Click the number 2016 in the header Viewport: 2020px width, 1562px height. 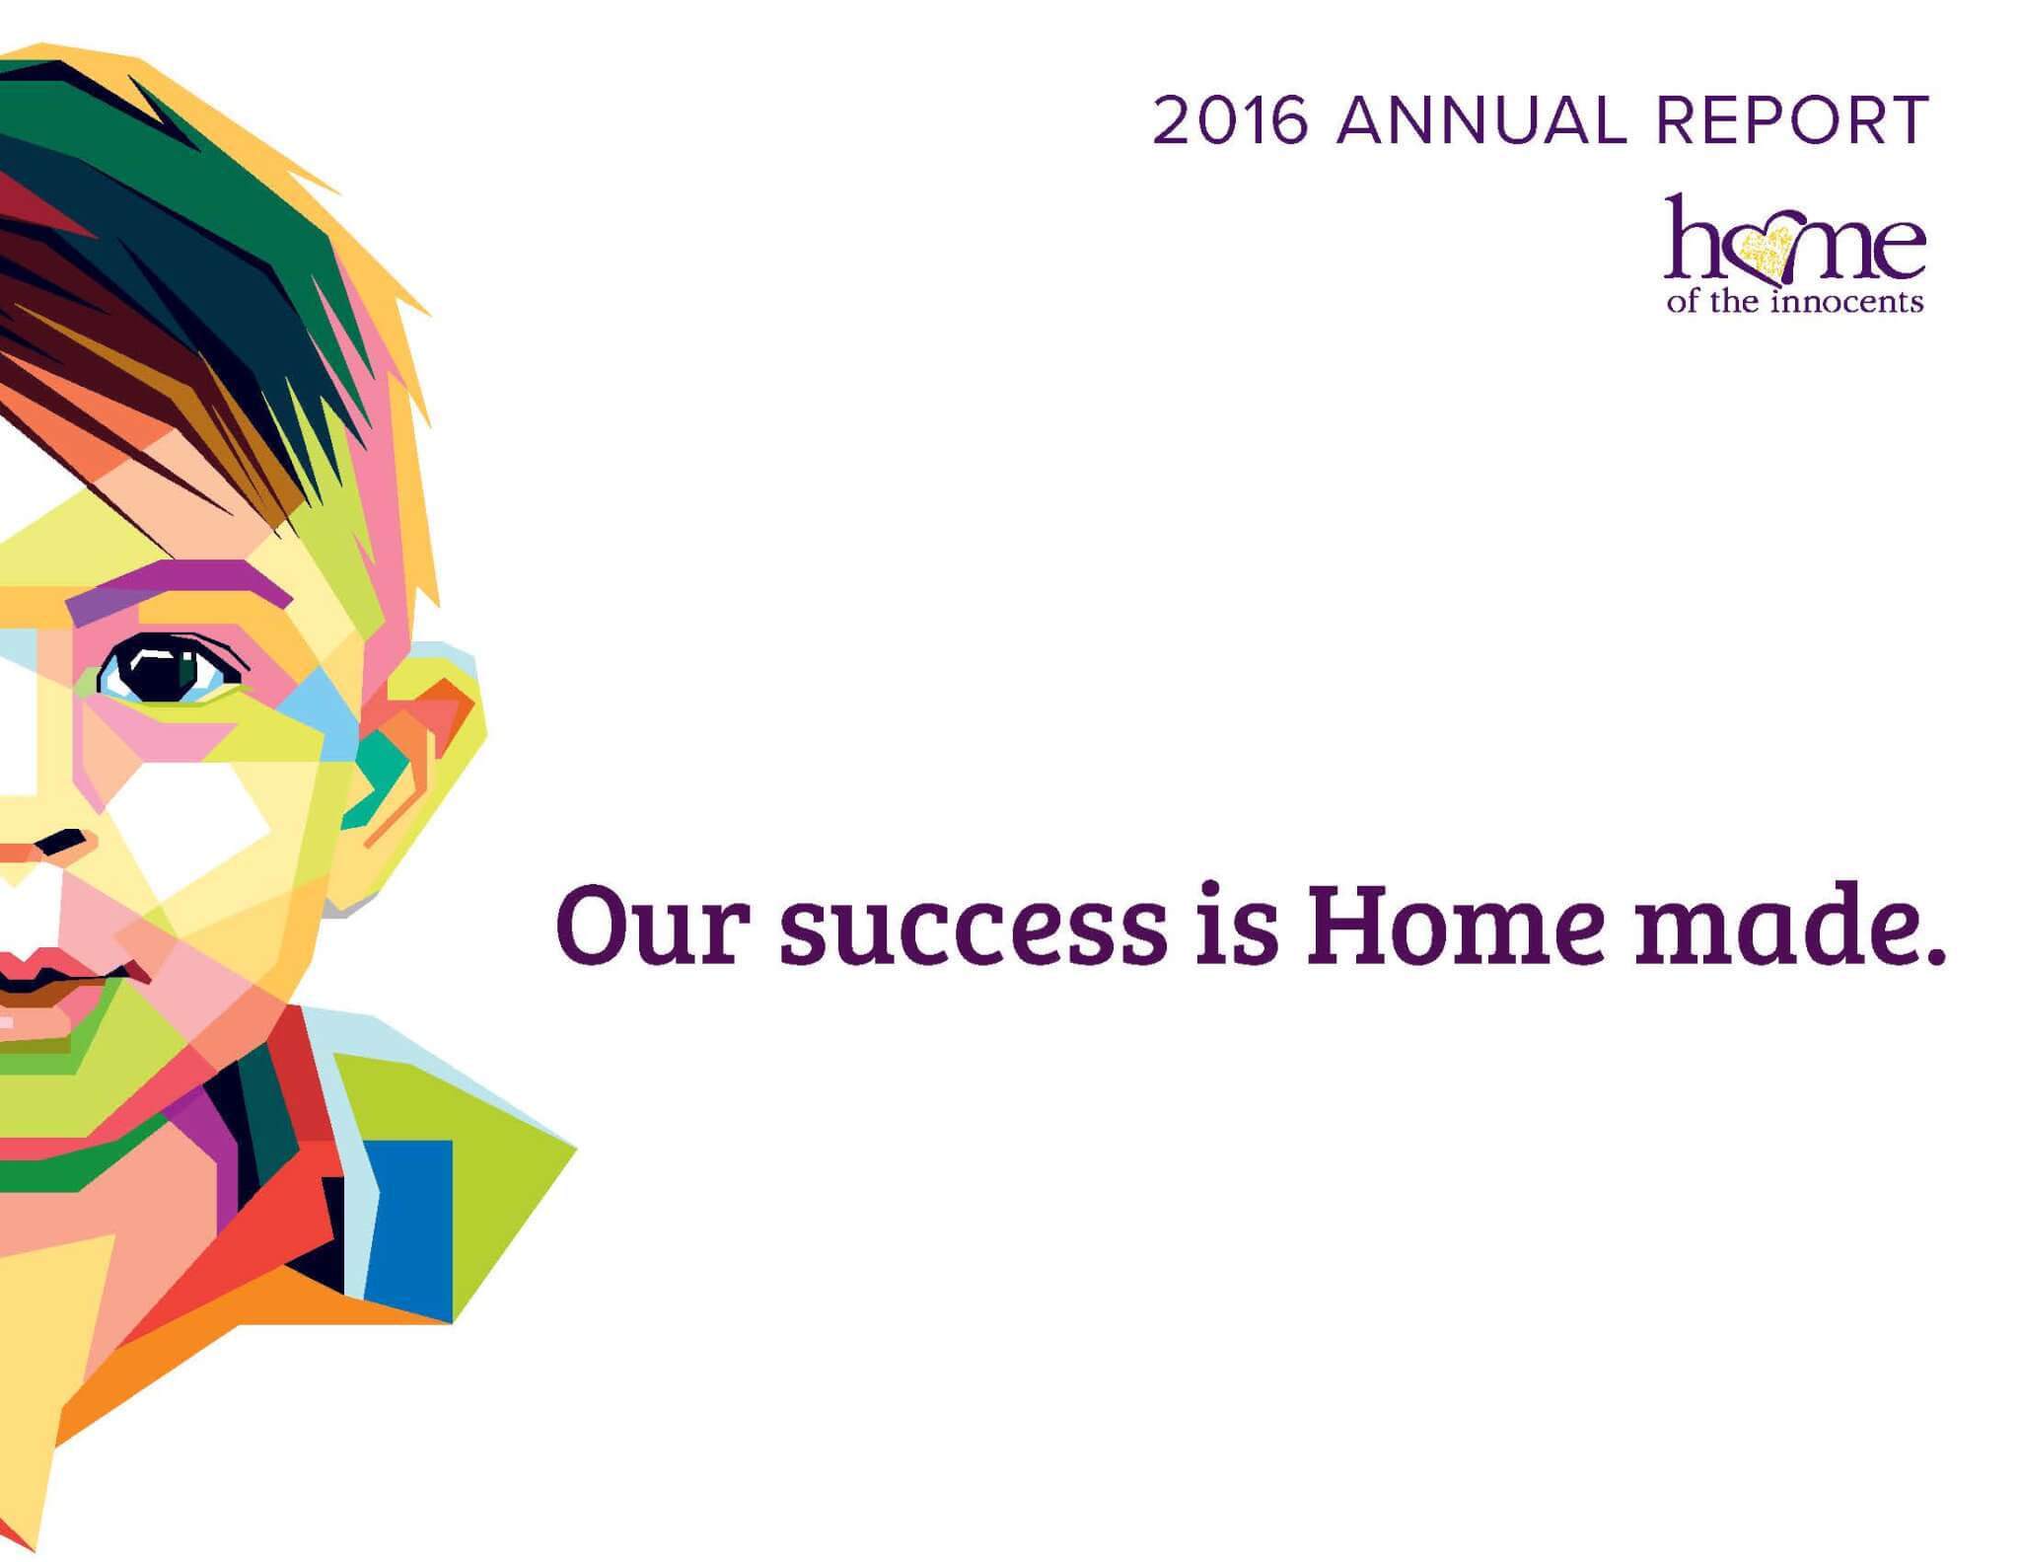point(1231,120)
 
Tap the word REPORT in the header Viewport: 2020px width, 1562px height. point(1791,120)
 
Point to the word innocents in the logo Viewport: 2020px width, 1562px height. point(1846,300)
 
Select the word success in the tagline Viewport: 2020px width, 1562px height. point(974,931)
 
